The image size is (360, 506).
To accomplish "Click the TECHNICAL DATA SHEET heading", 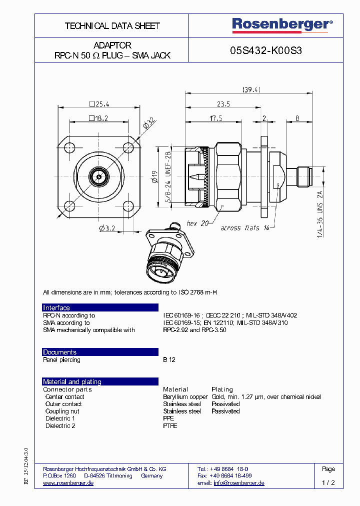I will coord(112,25).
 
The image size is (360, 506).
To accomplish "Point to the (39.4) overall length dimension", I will coord(251,89).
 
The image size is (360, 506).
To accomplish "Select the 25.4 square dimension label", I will coord(99,104).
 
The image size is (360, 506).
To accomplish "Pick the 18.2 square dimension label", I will coord(98,118).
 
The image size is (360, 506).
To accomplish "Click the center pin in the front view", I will coord(98,176).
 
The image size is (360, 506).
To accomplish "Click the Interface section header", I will coord(56,307).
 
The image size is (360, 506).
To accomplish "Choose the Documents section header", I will coord(59,352).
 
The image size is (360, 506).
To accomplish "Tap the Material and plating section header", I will coord(72,381).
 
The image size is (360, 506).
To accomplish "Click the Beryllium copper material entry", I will coord(185,396).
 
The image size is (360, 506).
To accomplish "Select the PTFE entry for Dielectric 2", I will coord(170,425).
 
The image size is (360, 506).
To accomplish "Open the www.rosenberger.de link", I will coord(68,483).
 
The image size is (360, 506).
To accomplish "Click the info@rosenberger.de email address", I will coord(238,483).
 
